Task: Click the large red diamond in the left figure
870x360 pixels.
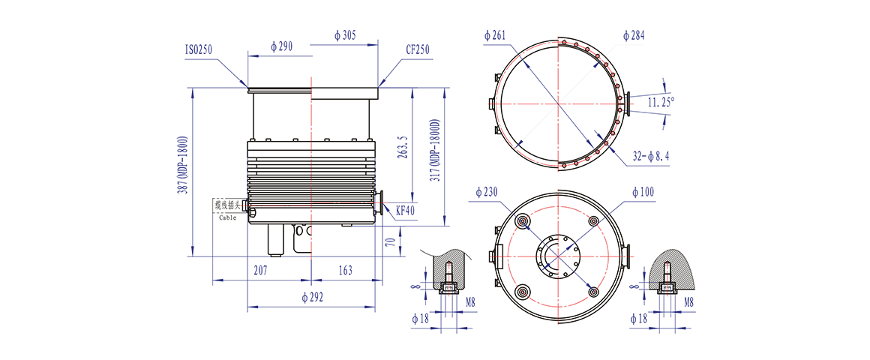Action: [x=310, y=116]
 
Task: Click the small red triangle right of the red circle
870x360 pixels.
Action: [x=634, y=102]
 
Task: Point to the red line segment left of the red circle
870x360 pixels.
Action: [x=484, y=103]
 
